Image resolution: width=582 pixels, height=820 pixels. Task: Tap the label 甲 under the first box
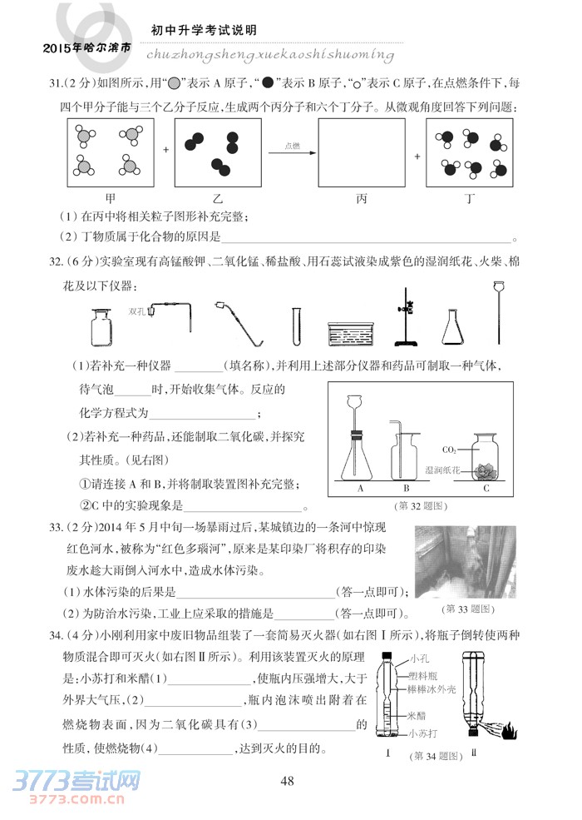110,198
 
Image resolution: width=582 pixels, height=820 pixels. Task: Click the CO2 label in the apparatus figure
448,449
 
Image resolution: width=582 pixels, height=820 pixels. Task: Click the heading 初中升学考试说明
203,30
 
